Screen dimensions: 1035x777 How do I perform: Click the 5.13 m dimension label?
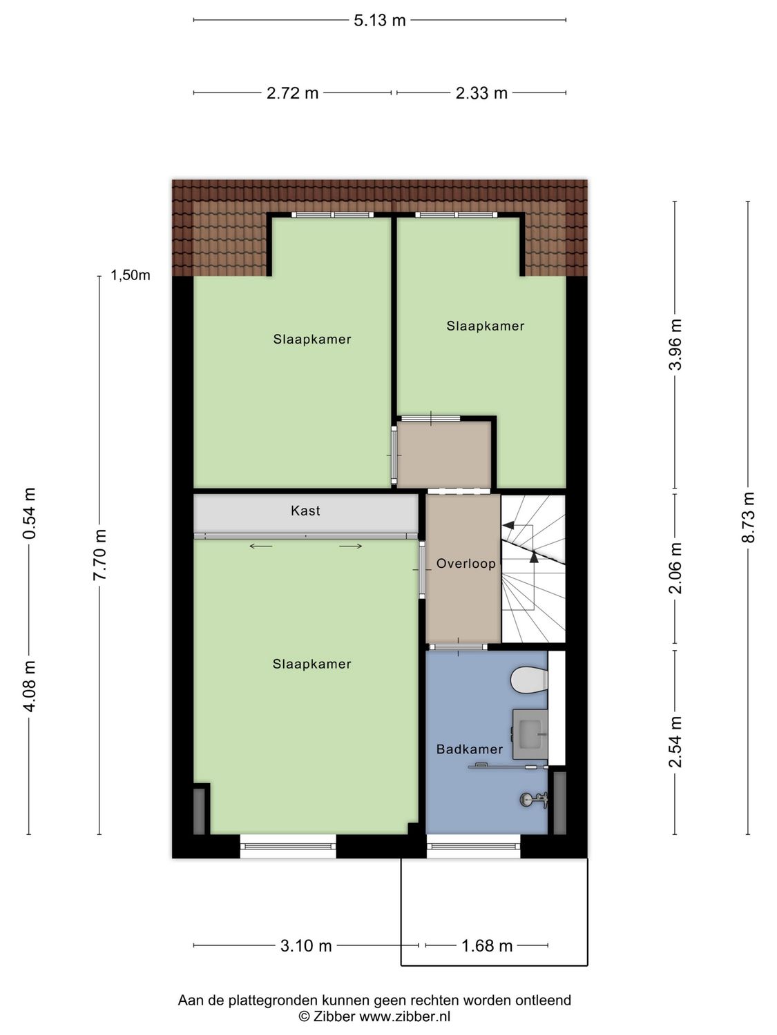click(379, 20)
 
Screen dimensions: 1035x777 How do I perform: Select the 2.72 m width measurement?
click(292, 93)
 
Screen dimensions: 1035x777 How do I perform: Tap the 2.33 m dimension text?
click(481, 93)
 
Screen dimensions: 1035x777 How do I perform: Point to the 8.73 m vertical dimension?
click(748, 517)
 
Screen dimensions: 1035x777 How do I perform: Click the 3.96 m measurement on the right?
click(675, 344)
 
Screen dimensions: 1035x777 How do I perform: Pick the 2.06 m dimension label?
click(675, 568)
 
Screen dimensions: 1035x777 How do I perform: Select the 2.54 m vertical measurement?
click(675, 742)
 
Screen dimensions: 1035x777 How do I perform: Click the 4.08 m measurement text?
click(29, 686)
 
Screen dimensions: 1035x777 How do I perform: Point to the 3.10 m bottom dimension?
click(306, 946)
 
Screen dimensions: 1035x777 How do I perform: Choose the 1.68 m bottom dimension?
click(487, 946)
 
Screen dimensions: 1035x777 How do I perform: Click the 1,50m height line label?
click(131, 276)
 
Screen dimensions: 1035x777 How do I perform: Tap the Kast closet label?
click(305, 511)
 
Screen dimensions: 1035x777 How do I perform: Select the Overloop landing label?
click(466, 564)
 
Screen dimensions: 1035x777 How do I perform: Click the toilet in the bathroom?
click(529, 680)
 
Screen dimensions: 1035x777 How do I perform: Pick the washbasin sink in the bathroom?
click(530, 733)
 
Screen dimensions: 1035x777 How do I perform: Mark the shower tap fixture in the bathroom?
click(534, 800)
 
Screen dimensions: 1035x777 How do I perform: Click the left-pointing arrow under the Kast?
click(261, 546)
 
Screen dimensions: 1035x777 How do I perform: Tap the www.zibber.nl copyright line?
click(374, 1016)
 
